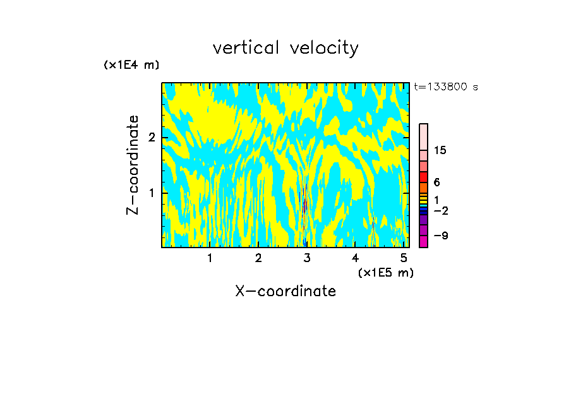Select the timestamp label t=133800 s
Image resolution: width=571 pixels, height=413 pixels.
click(445, 87)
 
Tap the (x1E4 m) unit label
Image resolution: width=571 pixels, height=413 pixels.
click(131, 65)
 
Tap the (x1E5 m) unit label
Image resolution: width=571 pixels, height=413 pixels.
click(385, 272)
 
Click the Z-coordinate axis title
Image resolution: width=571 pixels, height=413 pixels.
click(133, 165)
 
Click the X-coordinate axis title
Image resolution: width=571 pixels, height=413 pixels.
click(285, 291)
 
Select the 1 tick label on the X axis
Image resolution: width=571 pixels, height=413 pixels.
click(210, 258)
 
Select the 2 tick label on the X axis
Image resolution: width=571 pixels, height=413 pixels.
click(258, 258)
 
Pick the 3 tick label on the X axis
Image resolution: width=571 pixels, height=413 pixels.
click(307, 258)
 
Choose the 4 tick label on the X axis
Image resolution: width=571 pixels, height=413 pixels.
click(355, 258)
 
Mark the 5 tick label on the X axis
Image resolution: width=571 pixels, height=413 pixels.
click(404, 258)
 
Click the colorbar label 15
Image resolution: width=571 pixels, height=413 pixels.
click(440, 150)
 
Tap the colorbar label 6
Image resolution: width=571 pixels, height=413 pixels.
click(436, 183)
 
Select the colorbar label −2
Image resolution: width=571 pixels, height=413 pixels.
click(440, 210)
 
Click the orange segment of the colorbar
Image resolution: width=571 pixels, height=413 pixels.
click(424, 188)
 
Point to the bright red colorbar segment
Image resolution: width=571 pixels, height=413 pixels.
click(424, 177)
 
